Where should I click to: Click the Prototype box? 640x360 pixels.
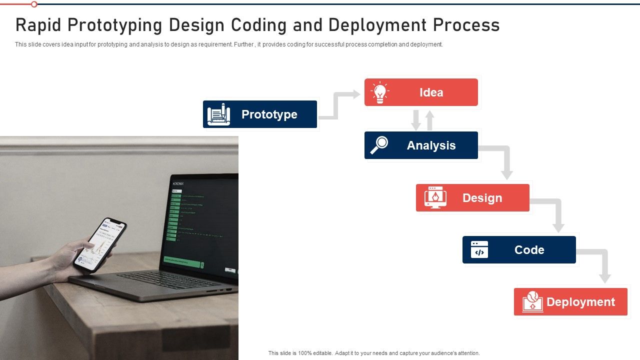(260, 114)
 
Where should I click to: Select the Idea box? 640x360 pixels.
(421, 92)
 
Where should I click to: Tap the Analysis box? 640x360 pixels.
(421, 145)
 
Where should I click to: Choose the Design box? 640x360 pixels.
(472, 197)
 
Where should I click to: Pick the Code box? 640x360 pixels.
(519, 249)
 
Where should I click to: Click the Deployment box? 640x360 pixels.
(570, 301)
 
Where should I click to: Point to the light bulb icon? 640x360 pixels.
(380, 92)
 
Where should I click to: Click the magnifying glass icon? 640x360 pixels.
(379, 145)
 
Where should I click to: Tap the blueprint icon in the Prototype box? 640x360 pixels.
(218, 114)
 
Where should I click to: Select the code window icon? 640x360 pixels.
(479, 249)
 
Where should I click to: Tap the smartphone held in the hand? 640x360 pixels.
(100, 244)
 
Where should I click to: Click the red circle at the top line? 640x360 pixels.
(34, 4)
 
